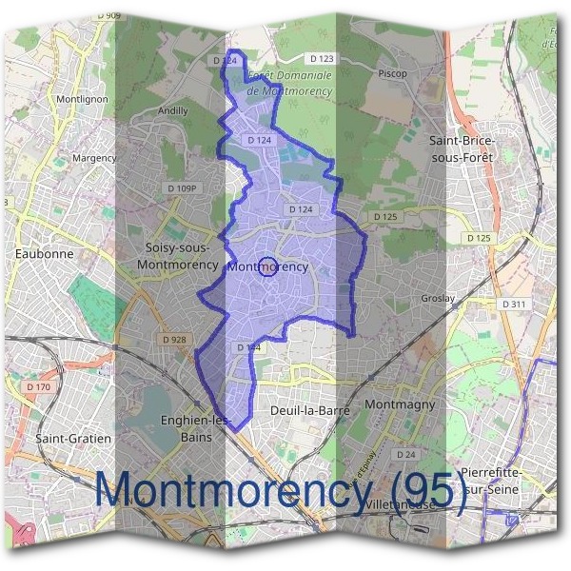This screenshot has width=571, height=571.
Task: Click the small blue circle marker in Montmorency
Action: [x=268, y=267]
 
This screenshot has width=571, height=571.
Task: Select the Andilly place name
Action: [x=172, y=110]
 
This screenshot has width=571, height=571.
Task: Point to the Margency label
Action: [x=94, y=157]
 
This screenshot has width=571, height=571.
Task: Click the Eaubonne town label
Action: [x=45, y=254]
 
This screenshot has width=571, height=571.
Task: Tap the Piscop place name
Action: [x=391, y=73]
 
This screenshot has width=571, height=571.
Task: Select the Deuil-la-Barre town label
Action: [x=311, y=410]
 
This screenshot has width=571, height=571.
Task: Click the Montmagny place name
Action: [x=400, y=404]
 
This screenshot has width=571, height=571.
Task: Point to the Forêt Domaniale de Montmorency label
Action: [x=288, y=83]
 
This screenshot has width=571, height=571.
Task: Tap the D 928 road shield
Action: [x=174, y=340]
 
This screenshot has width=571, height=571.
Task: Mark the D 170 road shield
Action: [x=39, y=387]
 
